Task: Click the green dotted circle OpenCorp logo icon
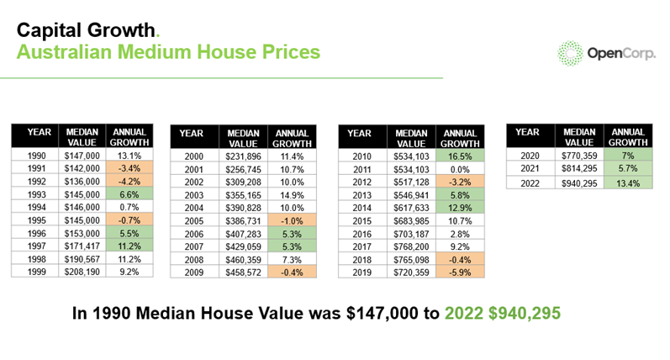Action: [571, 52]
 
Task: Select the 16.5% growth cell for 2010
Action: [460, 156]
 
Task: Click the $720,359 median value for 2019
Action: [411, 273]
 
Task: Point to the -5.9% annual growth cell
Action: [460, 273]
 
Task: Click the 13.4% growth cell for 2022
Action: [628, 183]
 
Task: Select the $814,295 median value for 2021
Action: [579, 168]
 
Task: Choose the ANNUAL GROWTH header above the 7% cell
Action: [628, 136]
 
